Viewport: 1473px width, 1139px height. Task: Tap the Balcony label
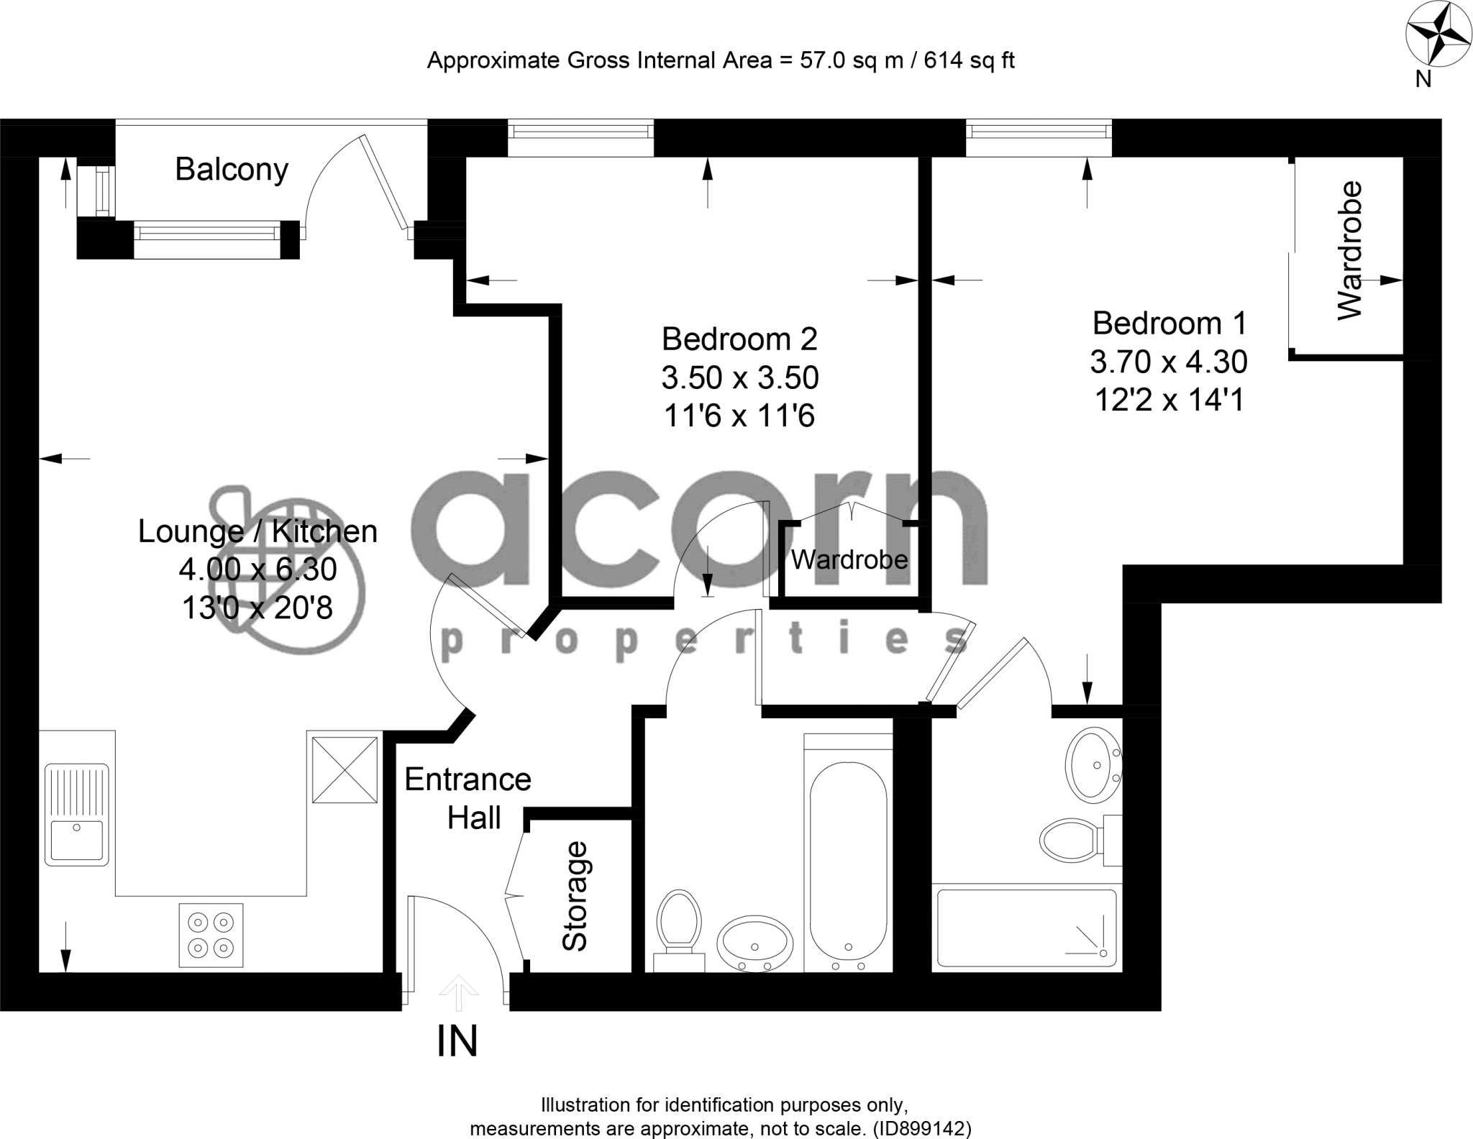[232, 170]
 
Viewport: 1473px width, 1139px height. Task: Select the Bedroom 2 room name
[739, 339]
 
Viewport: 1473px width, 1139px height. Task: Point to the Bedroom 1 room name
[1169, 323]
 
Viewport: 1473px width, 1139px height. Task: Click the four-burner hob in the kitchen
[211, 935]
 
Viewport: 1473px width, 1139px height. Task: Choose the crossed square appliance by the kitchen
[345, 769]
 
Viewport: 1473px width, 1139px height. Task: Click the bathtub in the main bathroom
[848, 863]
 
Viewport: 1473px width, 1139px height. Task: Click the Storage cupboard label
[575, 895]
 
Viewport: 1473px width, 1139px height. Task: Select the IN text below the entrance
[457, 1041]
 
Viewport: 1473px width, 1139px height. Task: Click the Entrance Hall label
[468, 798]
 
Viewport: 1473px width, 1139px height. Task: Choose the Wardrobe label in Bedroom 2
[849, 559]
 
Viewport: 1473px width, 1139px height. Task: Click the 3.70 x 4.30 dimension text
[1169, 362]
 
